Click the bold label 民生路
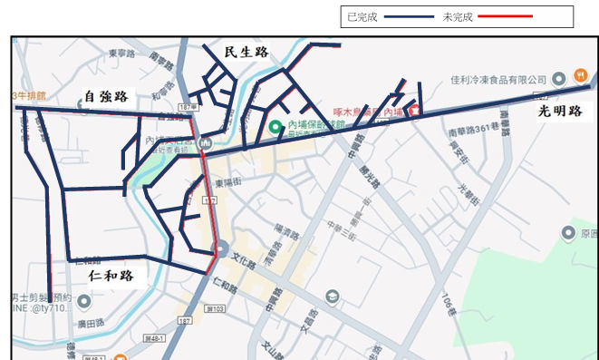pos(246,52)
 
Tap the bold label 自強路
pos(105,95)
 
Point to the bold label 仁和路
pos(111,275)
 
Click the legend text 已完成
pos(362,17)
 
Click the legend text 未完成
pos(458,17)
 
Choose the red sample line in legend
pos(506,17)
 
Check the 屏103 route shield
pos(216,310)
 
